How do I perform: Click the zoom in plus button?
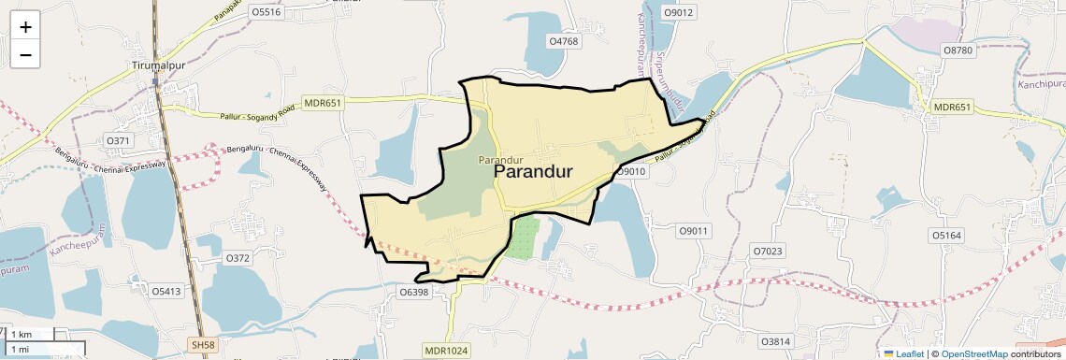click(x=25, y=27)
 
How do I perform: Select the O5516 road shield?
click(x=266, y=12)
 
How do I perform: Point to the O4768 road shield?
click(x=564, y=41)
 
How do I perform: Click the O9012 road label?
click(x=678, y=12)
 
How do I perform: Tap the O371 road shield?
click(x=118, y=140)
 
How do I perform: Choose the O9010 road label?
click(x=632, y=171)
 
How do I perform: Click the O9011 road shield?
click(x=695, y=230)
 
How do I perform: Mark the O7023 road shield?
click(x=768, y=251)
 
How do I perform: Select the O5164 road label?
click(x=946, y=235)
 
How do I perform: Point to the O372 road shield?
click(x=238, y=257)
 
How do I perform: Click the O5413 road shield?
click(x=166, y=291)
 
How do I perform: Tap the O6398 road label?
click(x=413, y=293)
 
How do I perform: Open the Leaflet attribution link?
click(x=903, y=353)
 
